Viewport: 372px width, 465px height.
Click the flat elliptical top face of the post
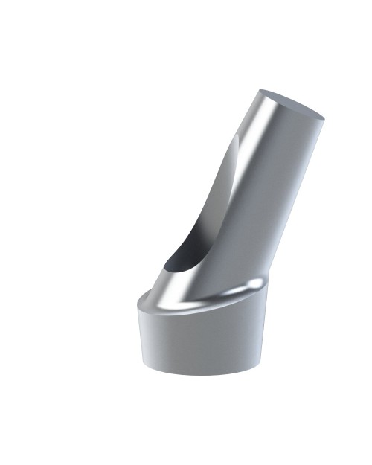pos(290,103)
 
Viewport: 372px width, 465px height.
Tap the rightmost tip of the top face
pos(325,117)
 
